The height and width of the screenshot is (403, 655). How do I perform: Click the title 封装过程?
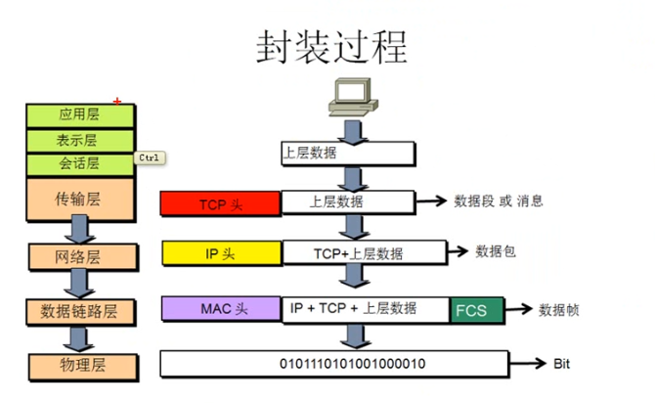click(331, 47)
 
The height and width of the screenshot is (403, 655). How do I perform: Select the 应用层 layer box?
click(77, 114)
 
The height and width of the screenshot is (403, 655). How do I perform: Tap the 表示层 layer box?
click(77, 140)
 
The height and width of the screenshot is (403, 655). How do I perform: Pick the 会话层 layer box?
click(77, 163)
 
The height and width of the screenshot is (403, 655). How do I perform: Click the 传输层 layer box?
click(77, 200)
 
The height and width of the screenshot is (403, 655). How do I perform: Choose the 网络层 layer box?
click(77, 257)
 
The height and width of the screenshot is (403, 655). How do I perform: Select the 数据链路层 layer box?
click(78, 312)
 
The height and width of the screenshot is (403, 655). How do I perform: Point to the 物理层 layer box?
click(77, 366)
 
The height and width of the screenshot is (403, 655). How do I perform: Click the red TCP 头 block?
click(221, 203)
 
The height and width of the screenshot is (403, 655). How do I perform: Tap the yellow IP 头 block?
click(221, 253)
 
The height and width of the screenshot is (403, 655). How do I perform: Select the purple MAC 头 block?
click(221, 310)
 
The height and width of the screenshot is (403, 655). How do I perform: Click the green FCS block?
click(477, 311)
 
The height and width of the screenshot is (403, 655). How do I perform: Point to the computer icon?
click(350, 96)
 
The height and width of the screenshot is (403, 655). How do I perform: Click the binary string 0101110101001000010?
click(352, 364)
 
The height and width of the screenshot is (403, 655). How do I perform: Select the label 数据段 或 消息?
click(498, 201)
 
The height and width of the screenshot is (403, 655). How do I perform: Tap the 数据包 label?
click(495, 251)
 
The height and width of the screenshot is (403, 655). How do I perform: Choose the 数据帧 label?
click(559, 310)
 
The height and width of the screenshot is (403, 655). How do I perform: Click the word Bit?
click(561, 364)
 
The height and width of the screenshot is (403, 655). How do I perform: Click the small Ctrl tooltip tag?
click(149, 157)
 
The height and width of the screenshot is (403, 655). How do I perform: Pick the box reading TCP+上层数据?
click(358, 253)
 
